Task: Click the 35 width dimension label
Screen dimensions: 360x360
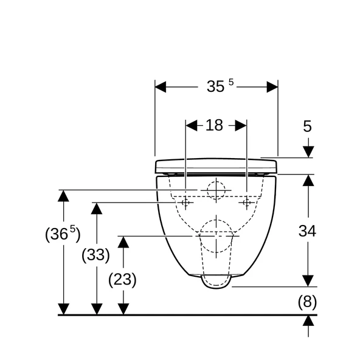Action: click(216, 86)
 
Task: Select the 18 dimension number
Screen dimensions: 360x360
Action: click(214, 125)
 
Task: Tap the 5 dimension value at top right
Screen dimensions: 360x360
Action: click(307, 126)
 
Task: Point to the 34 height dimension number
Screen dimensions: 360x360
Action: click(307, 230)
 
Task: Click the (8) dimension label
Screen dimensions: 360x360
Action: click(307, 301)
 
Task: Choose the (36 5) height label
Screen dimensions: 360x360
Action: click(63, 234)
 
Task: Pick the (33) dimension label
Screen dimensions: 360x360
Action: click(95, 255)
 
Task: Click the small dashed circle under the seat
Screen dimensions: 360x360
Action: click(216, 190)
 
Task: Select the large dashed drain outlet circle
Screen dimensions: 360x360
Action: click(216, 235)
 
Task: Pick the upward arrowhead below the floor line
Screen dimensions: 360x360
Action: click(309, 320)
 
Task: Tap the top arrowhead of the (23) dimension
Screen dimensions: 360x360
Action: click(123, 241)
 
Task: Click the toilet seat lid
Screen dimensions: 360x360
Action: click(216, 165)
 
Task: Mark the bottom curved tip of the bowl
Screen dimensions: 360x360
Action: click(216, 285)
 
